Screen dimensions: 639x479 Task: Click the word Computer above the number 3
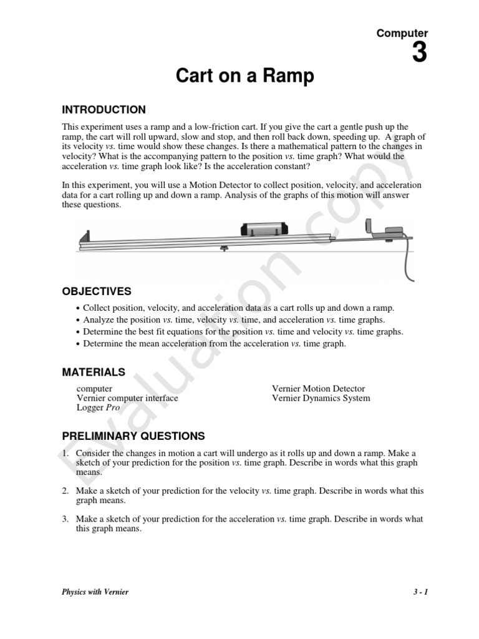click(x=402, y=33)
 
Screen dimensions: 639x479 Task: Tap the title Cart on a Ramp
click(x=244, y=77)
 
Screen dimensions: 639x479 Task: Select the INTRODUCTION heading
click(x=104, y=110)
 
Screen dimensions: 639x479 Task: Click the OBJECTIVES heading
click(x=97, y=291)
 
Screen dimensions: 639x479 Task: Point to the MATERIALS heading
click(x=94, y=373)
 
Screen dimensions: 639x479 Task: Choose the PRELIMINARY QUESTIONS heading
click(x=133, y=436)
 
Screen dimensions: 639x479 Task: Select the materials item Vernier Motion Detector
click(x=318, y=389)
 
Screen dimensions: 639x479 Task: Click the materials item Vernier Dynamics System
click(x=321, y=398)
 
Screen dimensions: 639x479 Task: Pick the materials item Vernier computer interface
click(x=127, y=398)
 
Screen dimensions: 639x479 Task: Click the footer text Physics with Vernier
click(x=95, y=592)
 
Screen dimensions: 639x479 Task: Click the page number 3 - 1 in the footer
click(x=420, y=592)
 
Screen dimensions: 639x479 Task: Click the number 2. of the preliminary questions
click(x=65, y=491)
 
